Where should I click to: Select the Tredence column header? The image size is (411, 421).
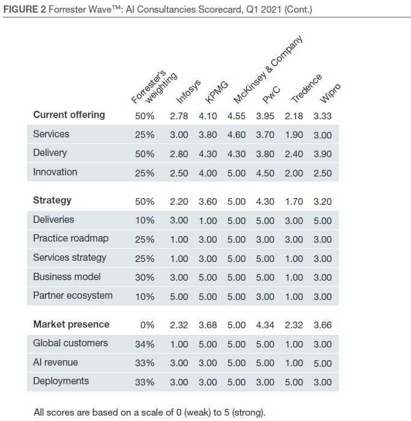[x=307, y=88]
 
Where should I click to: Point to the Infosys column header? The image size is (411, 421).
[x=188, y=92]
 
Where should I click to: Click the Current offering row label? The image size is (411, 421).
[x=69, y=114]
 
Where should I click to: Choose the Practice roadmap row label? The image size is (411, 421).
[x=70, y=239]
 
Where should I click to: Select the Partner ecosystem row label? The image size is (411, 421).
[x=73, y=296]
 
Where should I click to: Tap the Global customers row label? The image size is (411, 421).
[x=70, y=343]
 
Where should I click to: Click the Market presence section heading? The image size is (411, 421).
[x=71, y=324]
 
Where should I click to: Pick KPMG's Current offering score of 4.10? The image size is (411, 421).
[x=208, y=115]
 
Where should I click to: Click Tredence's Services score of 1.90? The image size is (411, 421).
[x=294, y=134]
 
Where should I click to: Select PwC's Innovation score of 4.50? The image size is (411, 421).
[x=265, y=173]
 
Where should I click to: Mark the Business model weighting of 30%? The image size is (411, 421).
[x=144, y=278]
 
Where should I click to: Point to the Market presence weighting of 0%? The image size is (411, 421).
[x=147, y=325]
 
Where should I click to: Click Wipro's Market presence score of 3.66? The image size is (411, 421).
[x=323, y=325]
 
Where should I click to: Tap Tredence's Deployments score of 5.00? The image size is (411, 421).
[x=294, y=382]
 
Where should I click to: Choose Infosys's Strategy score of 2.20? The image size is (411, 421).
[x=179, y=201]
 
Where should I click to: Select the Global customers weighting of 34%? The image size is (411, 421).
[x=144, y=344]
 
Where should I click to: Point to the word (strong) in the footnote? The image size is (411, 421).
[x=249, y=413]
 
